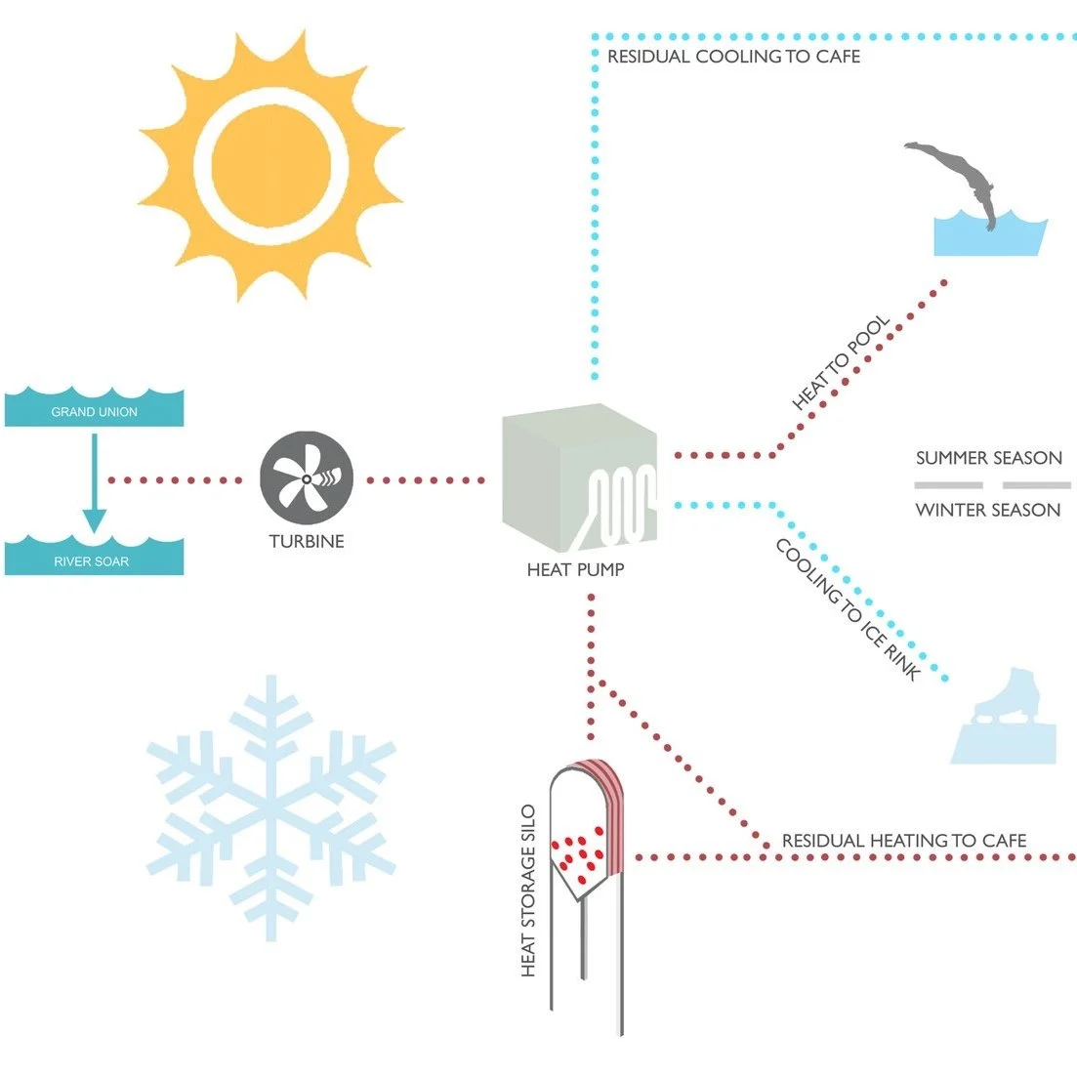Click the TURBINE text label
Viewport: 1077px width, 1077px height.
click(307, 541)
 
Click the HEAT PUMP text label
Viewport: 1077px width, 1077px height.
click(575, 569)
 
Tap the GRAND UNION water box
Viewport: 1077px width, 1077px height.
click(94, 409)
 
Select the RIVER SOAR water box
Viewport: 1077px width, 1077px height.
click(93, 558)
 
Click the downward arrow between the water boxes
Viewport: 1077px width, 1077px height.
click(94, 483)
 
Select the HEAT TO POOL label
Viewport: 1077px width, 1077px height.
click(842, 362)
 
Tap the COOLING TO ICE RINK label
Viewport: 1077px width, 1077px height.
click(848, 609)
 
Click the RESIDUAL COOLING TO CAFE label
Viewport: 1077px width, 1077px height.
click(733, 57)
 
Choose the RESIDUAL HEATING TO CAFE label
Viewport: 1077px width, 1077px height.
click(904, 841)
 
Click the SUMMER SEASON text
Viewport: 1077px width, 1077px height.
click(988, 458)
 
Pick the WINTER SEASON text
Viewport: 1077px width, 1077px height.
click(987, 510)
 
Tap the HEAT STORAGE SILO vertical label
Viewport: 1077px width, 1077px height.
click(529, 891)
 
